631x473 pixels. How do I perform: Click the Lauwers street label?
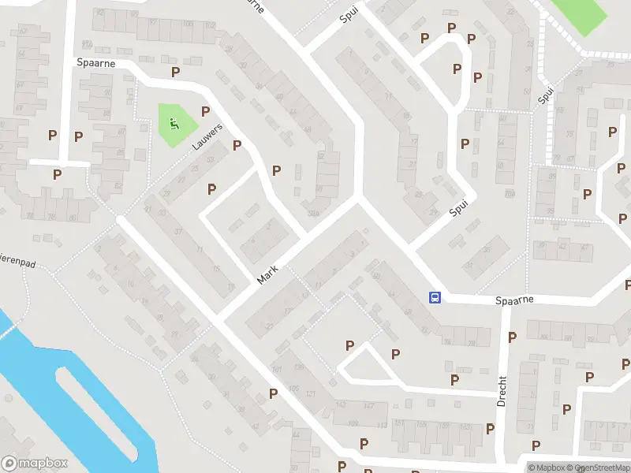(x=207, y=136)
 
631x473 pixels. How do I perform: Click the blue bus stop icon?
(x=435, y=297)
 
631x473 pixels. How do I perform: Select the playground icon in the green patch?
(x=173, y=123)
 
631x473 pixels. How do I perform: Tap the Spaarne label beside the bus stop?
(x=515, y=300)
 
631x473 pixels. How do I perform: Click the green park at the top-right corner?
(x=581, y=14)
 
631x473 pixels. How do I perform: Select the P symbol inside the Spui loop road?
(x=457, y=69)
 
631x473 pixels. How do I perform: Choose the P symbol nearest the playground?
(x=205, y=111)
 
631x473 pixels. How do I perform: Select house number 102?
(x=209, y=25)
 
